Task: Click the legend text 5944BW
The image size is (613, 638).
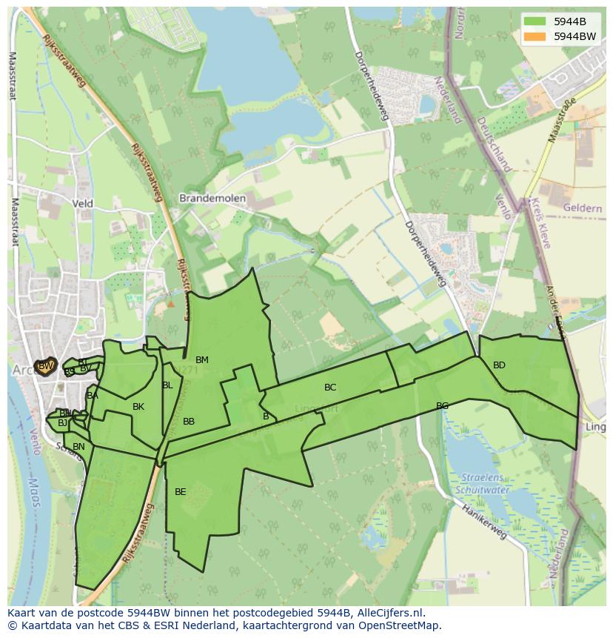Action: [x=575, y=36]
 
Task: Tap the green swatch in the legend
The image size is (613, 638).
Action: [x=535, y=21]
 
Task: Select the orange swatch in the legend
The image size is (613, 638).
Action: [x=535, y=36]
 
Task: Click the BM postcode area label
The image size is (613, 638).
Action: [x=202, y=360]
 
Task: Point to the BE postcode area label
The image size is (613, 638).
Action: [x=181, y=491]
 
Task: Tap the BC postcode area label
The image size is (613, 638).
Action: [x=330, y=388]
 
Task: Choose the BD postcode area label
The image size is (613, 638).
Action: [x=499, y=365]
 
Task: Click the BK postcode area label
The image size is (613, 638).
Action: [x=138, y=407]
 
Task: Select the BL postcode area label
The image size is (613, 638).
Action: [x=167, y=385]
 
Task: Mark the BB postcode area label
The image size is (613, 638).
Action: [x=189, y=422]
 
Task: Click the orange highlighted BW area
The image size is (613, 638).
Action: [x=46, y=366]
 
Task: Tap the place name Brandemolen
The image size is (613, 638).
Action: [x=212, y=199]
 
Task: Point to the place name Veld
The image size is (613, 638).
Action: [x=82, y=202]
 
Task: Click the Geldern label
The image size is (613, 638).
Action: [x=582, y=208]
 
